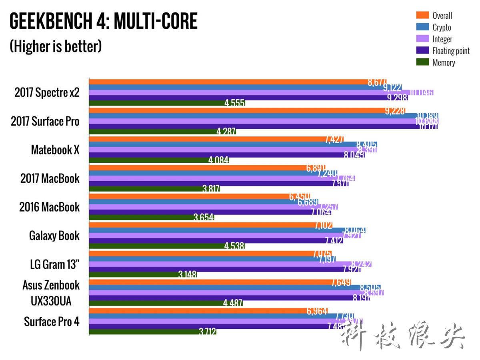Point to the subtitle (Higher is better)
coord(56,47)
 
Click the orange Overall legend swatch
coord(422,16)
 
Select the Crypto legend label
coord(442,28)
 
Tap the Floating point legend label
coord(451,51)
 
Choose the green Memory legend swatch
coord(422,62)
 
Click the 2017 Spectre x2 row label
coord(47,93)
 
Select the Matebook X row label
coord(55,150)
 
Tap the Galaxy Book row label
coord(54,236)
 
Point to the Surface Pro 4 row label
coord(52,322)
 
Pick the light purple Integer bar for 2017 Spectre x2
coord(248,92)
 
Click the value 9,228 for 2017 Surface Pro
coord(395,111)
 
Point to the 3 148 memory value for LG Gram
coord(188,275)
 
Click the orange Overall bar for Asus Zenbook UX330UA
coord(208,282)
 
